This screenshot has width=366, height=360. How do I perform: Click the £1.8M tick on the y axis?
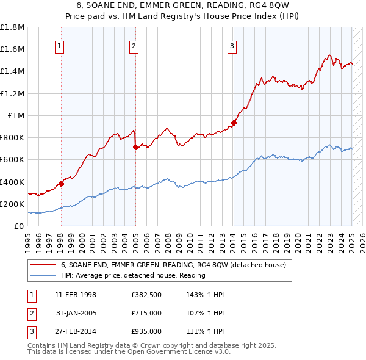pyautogui.click(x=13, y=27)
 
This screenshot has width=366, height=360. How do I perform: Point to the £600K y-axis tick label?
pyautogui.click(x=13, y=160)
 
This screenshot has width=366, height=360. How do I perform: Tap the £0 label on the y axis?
pyautogui.click(x=20, y=226)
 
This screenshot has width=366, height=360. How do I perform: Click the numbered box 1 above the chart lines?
pyautogui.click(x=60, y=45)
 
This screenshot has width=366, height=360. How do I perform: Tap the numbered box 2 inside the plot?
pyautogui.click(x=134, y=45)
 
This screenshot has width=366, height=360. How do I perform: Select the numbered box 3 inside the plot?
pyautogui.click(x=232, y=45)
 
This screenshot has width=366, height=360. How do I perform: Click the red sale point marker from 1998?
pyautogui.click(x=61, y=184)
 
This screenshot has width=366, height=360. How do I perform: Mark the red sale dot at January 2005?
pyautogui.click(x=135, y=147)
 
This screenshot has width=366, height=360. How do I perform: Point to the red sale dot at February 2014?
pyautogui.click(x=234, y=123)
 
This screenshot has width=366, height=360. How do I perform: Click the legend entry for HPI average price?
pyautogui.click(x=133, y=275)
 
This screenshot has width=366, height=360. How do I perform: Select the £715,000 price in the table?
pyautogui.click(x=146, y=313)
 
